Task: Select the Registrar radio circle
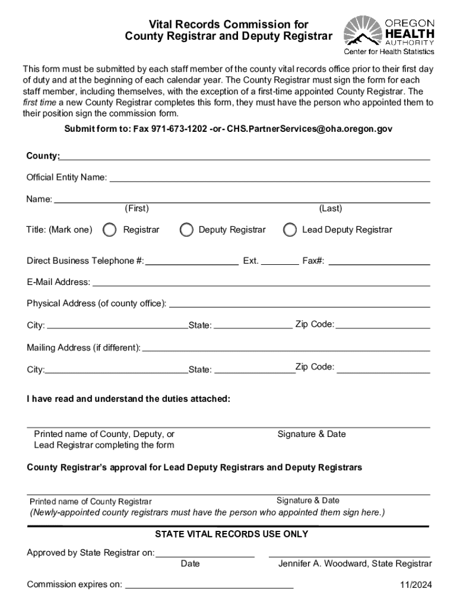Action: [x=109, y=230]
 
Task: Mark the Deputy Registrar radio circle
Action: [x=186, y=230]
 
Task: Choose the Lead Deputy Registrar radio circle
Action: [x=290, y=230]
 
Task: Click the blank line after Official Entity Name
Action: [x=269, y=178]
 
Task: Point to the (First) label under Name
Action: [x=137, y=208]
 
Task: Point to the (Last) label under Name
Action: [x=331, y=208]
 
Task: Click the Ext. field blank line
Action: [x=280, y=262]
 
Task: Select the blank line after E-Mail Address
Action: [x=261, y=283]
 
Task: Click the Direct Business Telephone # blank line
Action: [x=192, y=262]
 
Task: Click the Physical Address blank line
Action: [x=300, y=305]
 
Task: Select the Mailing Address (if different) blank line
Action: [x=286, y=349]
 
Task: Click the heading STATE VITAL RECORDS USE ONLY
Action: [x=231, y=534]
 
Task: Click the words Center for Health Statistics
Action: [x=389, y=52]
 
